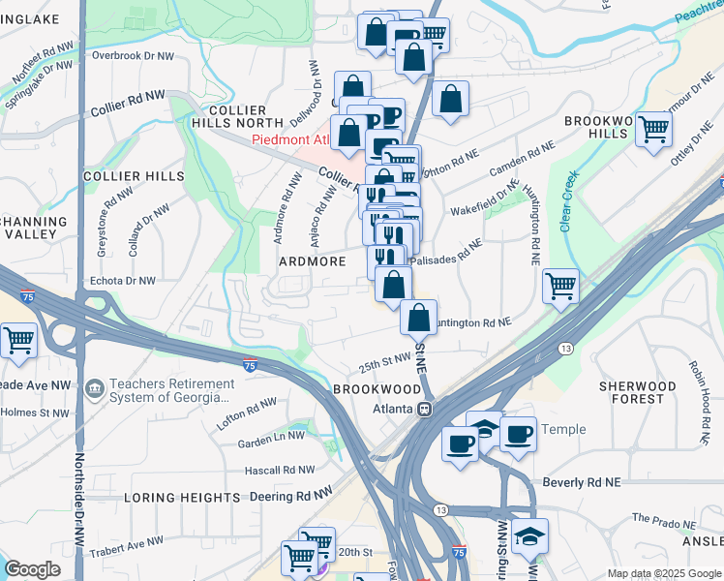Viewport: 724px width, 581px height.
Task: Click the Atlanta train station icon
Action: coord(424,410)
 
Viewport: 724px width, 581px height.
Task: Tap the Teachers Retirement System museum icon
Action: coord(94,389)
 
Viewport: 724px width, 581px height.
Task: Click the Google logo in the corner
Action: coord(32,569)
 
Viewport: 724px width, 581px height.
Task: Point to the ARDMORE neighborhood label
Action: coord(313,261)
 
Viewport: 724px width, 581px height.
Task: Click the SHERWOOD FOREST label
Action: coord(637,392)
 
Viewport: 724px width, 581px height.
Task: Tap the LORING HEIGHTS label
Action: coord(182,498)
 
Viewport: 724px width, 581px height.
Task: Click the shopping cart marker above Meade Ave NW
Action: coord(17,340)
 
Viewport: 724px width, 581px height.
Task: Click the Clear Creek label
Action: coord(566,200)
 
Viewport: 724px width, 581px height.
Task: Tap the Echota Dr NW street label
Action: coord(122,281)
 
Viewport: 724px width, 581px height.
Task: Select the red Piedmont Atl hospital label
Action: coord(290,139)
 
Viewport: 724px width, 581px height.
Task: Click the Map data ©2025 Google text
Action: coord(663,573)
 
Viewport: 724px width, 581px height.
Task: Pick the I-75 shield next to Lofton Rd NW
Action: coord(250,364)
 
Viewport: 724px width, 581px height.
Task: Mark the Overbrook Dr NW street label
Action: coord(130,55)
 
